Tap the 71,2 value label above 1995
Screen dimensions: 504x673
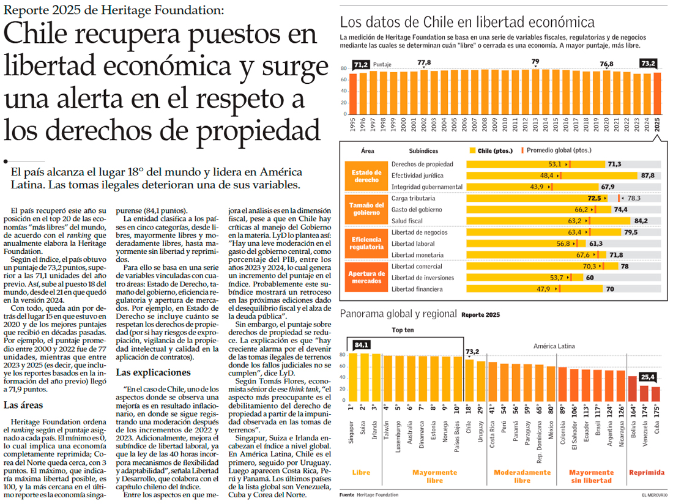coord(361,64)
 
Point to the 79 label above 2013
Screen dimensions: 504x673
coord(535,62)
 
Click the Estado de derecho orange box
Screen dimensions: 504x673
coord(366,176)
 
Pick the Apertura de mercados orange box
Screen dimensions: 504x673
coord(366,278)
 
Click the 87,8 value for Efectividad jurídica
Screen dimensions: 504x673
coord(648,176)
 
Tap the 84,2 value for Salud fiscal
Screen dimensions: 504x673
coord(641,221)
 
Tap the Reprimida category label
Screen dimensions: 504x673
coord(647,473)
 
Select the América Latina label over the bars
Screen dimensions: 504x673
coord(554,346)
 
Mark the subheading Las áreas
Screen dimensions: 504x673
coord(23,404)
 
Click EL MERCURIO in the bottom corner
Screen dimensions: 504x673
coord(654,494)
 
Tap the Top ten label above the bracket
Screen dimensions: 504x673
coord(404,331)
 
